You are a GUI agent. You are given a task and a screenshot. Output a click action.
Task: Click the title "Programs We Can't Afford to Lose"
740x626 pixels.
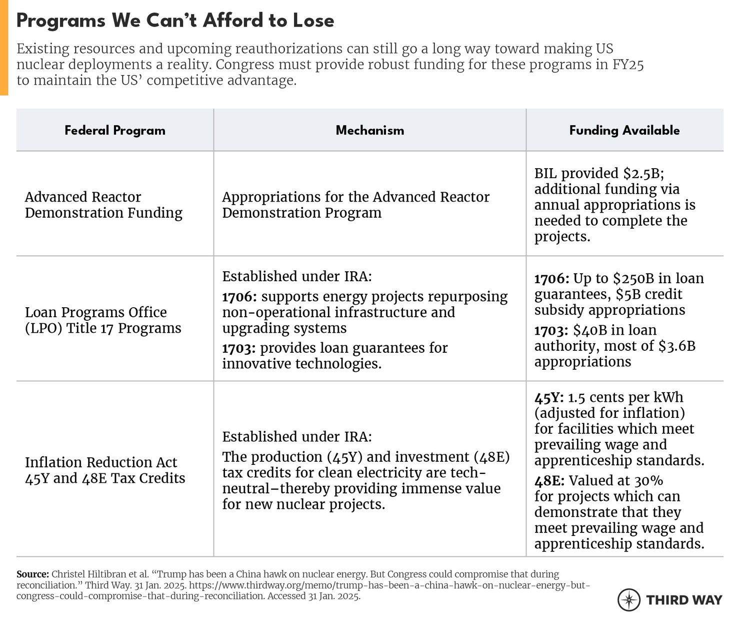click(x=175, y=21)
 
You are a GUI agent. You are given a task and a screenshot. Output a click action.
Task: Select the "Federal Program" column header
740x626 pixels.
click(x=115, y=131)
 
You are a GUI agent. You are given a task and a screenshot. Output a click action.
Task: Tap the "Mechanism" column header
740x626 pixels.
click(x=369, y=131)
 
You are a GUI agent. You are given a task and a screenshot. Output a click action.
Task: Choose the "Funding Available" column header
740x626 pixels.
click(x=624, y=131)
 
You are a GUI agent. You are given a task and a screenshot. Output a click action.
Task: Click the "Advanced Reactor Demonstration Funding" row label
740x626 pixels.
click(x=103, y=205)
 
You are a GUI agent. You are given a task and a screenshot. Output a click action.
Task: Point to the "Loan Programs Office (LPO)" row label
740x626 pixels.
click(x=103, y=320)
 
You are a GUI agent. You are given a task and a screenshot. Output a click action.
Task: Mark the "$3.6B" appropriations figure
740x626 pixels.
click(x=676, y=346)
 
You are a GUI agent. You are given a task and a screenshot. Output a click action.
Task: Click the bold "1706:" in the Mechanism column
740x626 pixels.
click(x=239, y=297)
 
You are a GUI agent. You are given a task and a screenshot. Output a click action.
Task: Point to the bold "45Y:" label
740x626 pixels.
click(x=549, y=397)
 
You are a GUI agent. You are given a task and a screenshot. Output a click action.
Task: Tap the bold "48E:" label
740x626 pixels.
click(x=549, y=481)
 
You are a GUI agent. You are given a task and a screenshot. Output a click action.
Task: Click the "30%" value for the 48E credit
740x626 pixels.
click(x=648, y=481)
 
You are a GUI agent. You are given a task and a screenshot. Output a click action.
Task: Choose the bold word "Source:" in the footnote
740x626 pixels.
click(x=32, y=574)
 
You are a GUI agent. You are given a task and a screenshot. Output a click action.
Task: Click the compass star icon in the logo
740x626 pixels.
click(x=629, y=599)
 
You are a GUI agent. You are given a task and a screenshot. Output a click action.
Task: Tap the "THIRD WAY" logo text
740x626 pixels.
click(x=684, y=600)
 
